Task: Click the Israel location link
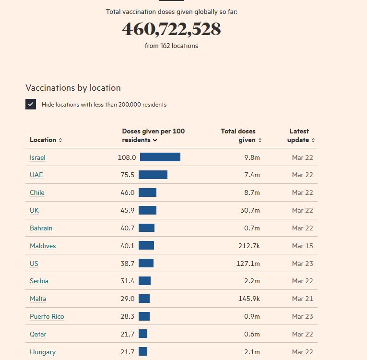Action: click(37, 157)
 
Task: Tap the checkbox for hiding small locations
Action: click(31, 104)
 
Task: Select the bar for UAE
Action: click(153, 175)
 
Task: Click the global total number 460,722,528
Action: click(171, 29)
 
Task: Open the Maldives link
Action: click(43, 246)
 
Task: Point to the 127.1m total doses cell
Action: click(249, 264)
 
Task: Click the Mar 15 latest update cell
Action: click(302, 246)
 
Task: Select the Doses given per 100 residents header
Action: click(153, 135)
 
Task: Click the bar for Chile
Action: click(147, 192)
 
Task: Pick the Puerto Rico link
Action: click(47, 316)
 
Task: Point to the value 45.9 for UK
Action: click(128, 210)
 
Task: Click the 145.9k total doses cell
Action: click(249, 299)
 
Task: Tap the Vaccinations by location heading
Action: click(73, 88)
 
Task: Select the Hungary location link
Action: click(43, 352)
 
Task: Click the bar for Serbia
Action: click(144, 281)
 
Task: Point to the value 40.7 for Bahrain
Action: click(128, 228)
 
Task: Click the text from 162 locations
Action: click(171, 46)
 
